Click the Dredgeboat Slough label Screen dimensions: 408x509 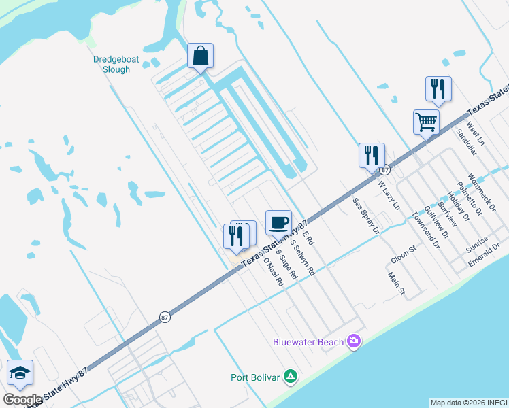coord(116,64)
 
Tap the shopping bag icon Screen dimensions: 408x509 coord(201,56)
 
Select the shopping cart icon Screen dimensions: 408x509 coord(426,122)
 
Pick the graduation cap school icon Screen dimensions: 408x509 coord(20,373)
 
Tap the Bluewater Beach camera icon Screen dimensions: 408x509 coord(353,341)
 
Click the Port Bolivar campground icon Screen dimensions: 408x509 coord(291,376)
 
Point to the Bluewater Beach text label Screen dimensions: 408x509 coord(308,342)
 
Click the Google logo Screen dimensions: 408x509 coord(22,400)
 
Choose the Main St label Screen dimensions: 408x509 coord(396,285)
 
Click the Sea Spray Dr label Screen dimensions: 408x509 coord(365,216)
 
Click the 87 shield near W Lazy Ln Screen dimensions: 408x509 coord(385,169)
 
